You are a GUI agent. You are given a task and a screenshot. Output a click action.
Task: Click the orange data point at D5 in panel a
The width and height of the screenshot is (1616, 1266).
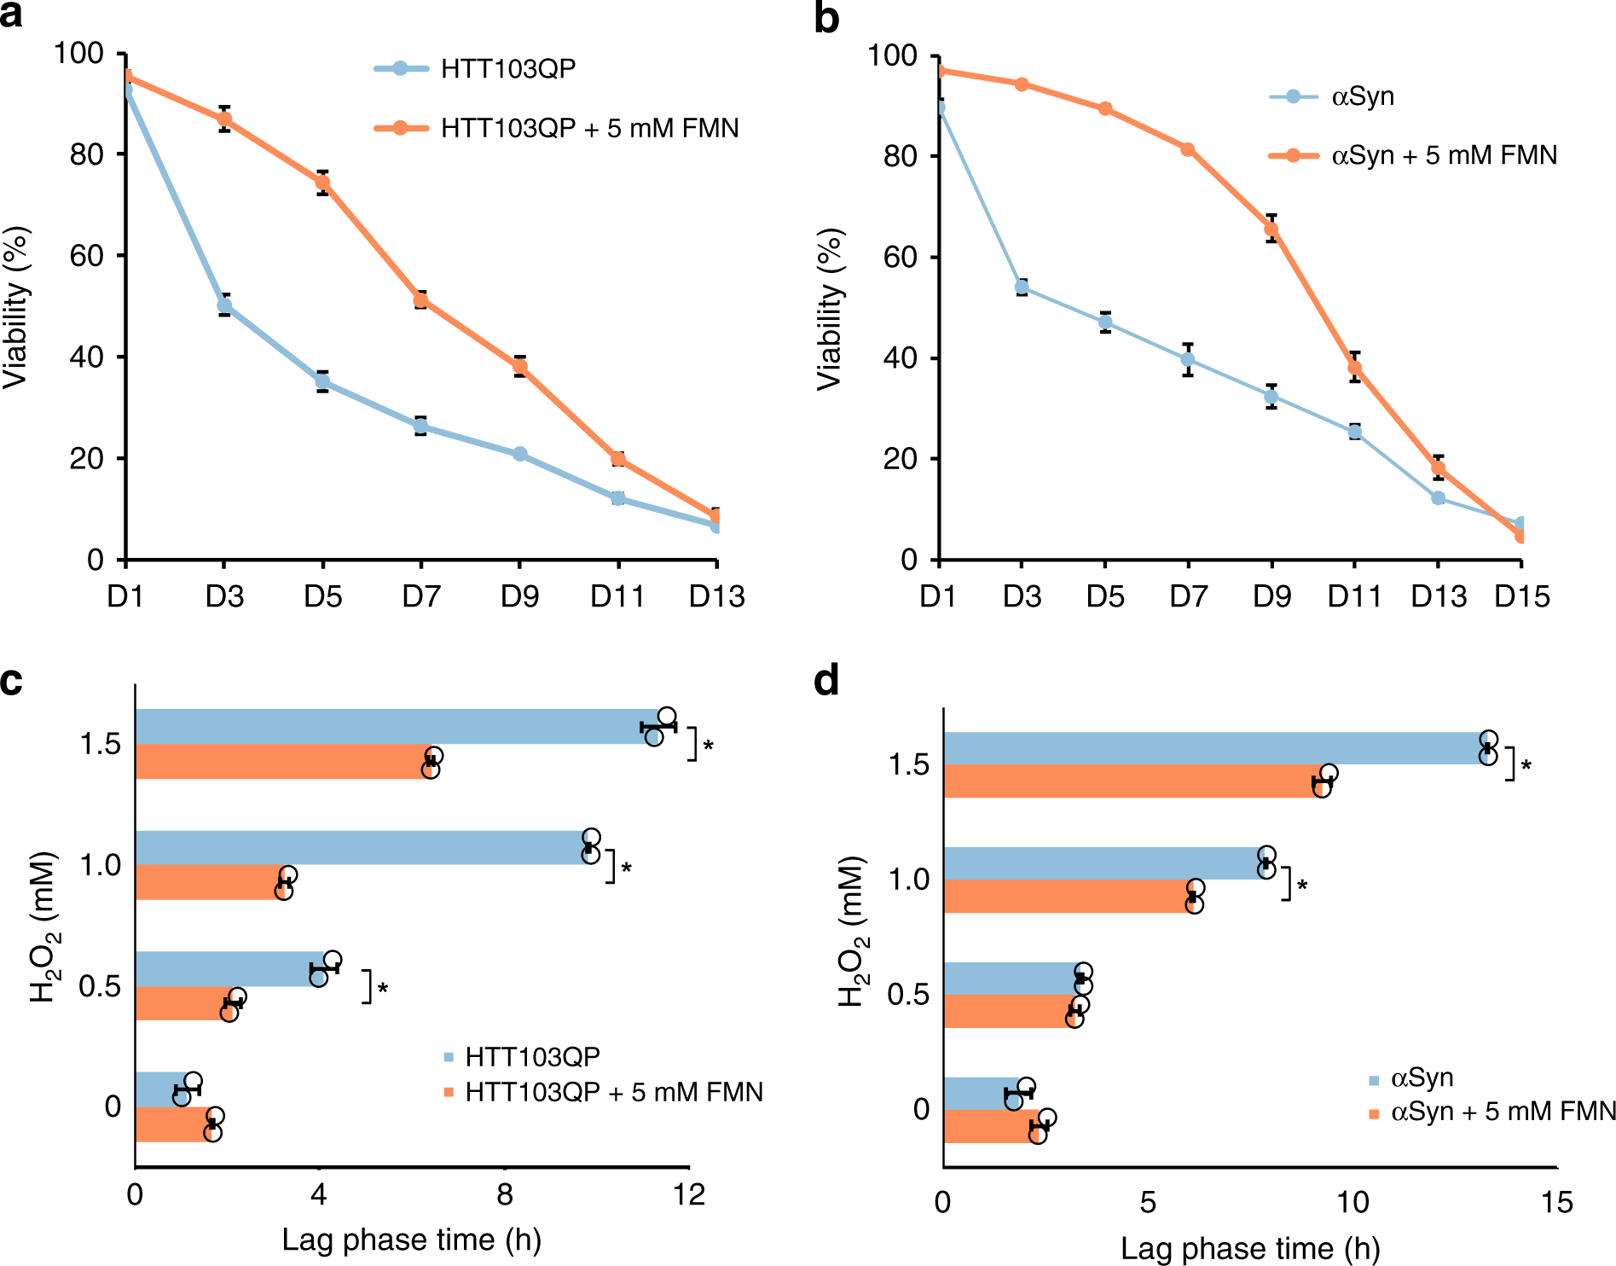[x=322, y=183]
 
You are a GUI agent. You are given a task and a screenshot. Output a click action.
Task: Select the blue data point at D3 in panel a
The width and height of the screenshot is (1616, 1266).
[x=224, y=305]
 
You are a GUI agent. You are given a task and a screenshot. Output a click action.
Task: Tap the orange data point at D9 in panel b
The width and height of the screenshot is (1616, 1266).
[x=1271, y=229]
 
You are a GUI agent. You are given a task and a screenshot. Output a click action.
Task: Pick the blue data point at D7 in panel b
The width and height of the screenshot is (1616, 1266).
[x=1188, y=360]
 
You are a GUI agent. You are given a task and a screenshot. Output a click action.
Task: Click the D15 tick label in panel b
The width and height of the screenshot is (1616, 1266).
[x=1521, y=596]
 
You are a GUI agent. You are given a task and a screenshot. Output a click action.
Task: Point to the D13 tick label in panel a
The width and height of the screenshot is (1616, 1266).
[x=716, y=596]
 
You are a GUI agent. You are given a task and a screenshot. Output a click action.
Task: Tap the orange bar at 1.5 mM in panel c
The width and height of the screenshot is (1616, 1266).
[x=281, y=761]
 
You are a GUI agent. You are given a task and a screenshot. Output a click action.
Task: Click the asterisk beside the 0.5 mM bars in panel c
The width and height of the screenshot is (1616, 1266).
[x=383, y=989]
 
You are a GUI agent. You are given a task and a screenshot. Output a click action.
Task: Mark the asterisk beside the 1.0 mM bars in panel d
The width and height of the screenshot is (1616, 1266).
[x=1302, y=886]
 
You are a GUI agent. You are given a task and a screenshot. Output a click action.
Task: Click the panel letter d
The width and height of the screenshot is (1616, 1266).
[x=826, y=682]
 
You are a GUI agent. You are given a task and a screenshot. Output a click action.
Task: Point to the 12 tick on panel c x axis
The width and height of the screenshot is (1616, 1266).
[x=688, y=1195]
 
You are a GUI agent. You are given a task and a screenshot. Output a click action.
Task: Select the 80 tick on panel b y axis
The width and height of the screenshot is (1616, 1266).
[x=901, y=156]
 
